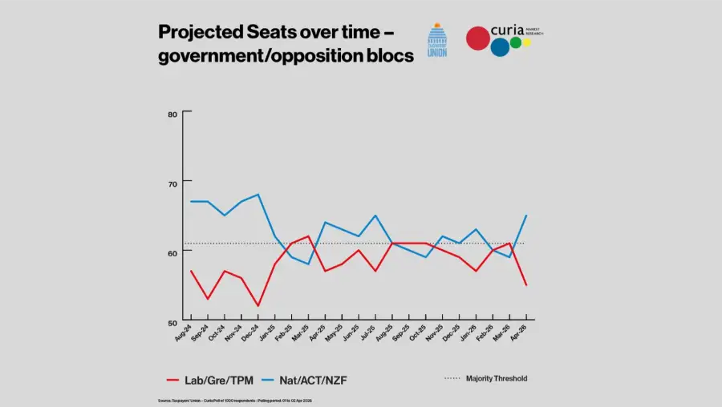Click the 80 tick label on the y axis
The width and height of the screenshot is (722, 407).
172,114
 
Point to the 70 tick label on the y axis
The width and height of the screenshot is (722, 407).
172,183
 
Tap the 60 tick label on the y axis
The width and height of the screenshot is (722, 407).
172,252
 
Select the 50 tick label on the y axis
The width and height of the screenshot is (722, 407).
172,321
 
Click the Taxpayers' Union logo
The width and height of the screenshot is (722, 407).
437,39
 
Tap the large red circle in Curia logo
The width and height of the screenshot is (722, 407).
478,38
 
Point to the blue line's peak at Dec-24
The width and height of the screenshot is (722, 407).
258,195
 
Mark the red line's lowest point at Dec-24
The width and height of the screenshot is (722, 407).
258,305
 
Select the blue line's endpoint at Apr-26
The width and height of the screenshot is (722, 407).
525,216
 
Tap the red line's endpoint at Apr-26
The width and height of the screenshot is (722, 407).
525,284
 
